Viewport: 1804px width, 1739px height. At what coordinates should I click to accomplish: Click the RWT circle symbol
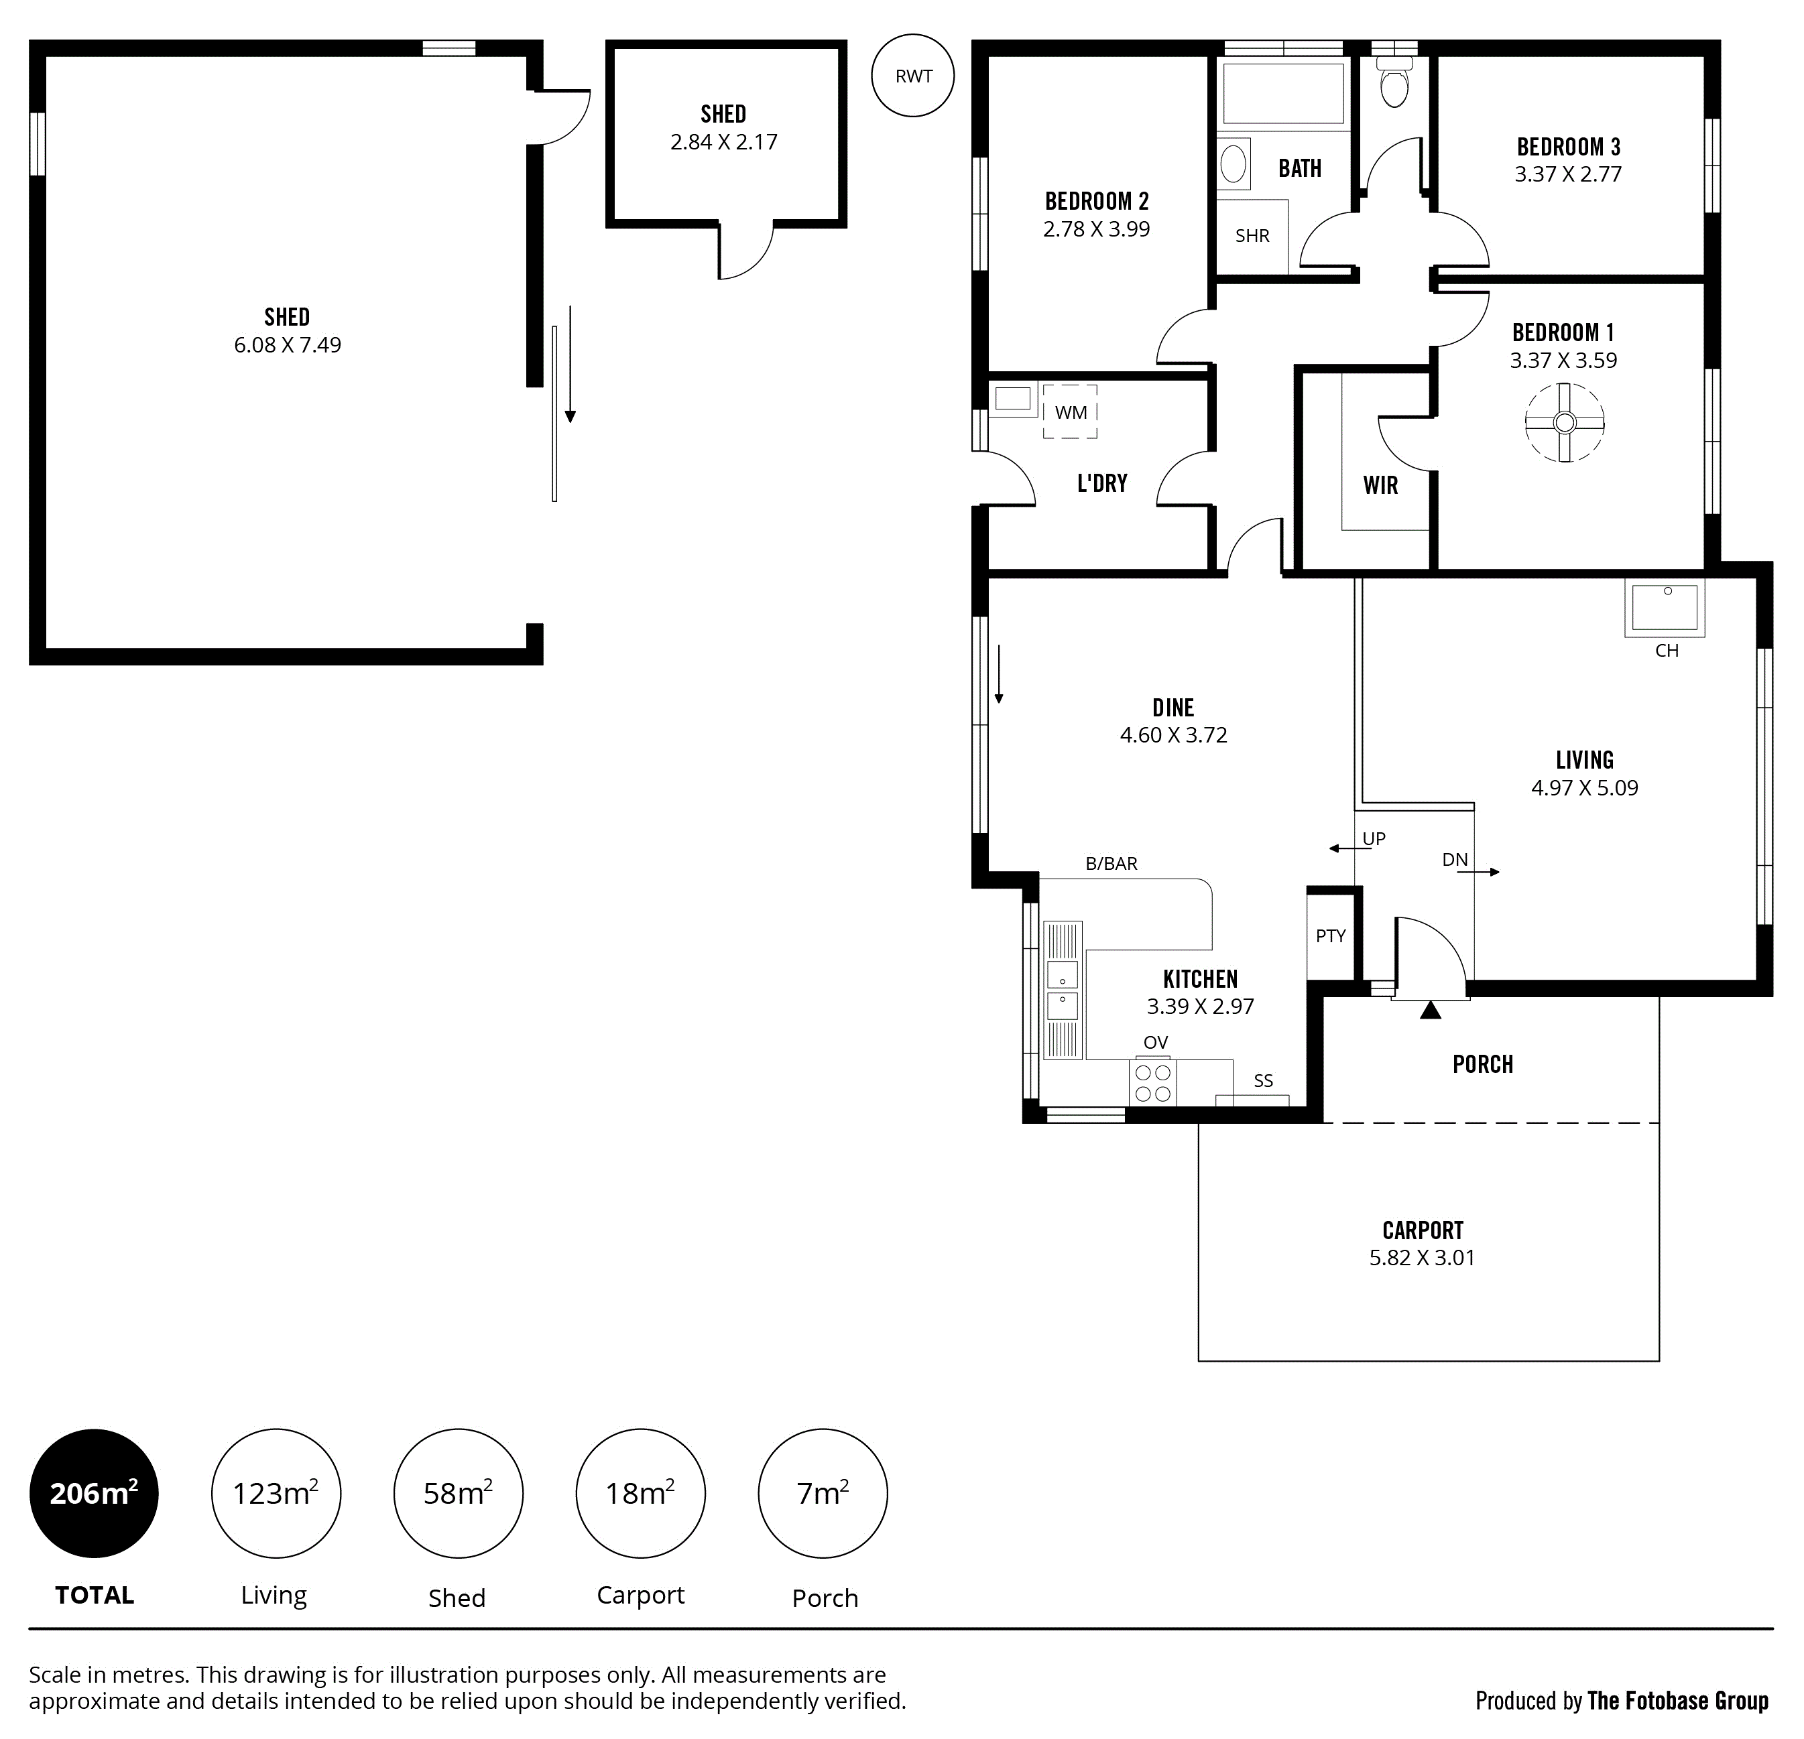tap(913, 76)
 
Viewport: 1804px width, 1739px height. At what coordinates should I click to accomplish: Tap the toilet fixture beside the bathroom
tap(1394, 81)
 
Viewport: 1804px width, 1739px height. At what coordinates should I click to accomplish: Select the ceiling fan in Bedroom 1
tap(1565, 422)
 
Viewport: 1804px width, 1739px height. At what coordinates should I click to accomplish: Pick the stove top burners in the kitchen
tap(1152, 1083)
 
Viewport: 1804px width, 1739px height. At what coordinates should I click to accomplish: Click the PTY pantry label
tap(1330, 936)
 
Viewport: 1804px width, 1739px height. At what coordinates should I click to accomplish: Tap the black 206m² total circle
tap(94, 1493)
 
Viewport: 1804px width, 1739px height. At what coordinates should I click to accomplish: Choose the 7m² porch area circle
tap(823, 1493)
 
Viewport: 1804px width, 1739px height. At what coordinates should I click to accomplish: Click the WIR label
tap(1380, 485)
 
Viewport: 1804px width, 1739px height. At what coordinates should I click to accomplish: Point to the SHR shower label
tap(1252, 235)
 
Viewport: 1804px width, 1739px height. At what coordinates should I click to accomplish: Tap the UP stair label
tap(1373, 838)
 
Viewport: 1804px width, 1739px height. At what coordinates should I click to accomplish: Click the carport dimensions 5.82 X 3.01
tap(1422, 1258)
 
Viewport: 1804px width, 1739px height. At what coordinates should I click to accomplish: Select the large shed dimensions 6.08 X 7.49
tap(287, 345)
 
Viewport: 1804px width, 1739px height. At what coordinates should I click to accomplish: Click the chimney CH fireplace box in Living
tap(1664, 607)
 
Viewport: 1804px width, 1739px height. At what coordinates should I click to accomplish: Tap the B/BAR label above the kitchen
tap(1111, 863)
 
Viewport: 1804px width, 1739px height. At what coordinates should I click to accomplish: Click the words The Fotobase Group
tap(1678, 1700)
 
